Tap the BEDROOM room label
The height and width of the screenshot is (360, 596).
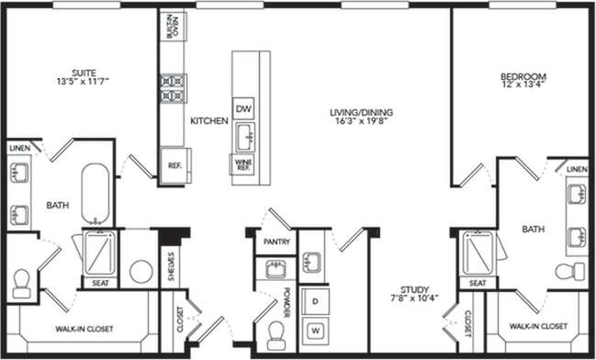(523, 76)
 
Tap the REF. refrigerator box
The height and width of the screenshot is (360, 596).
(174, 165)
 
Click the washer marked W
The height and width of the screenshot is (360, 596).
(315, 329)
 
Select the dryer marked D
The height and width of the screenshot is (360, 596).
(315, 301)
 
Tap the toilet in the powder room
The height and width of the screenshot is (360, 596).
(275, 335)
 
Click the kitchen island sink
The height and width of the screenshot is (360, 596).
(244, 138)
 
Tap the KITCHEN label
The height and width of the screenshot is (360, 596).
(208, 121)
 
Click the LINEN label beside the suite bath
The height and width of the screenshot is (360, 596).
(19, 148)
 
